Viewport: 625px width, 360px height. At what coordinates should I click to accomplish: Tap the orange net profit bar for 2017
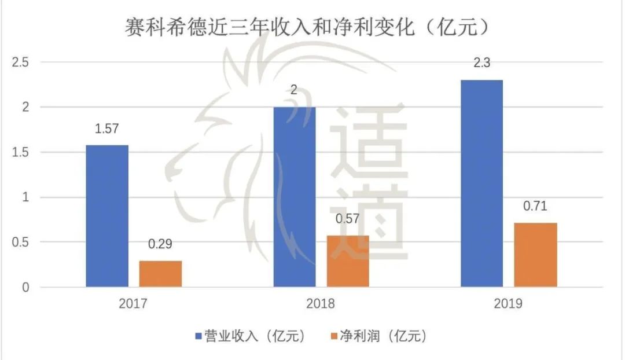pos(160,273)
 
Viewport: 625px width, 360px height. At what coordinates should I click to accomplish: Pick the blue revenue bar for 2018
pos(295,197)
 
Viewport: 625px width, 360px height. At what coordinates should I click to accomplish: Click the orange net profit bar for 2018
pos(348,261)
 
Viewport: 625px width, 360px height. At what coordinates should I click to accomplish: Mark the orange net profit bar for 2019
pos(535,255)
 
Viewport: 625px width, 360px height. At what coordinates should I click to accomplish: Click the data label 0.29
pos(160,244)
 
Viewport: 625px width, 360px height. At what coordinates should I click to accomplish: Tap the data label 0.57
pos(348,219)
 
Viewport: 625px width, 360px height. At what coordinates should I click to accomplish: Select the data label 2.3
pos(481,63)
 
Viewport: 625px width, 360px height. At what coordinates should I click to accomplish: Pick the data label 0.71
pos(535,207)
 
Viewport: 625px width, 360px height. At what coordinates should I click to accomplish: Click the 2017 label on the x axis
pos(134,304)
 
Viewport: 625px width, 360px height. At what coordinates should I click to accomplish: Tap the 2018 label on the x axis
pos(321,304)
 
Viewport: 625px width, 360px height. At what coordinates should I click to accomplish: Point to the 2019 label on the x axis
pos(508,304)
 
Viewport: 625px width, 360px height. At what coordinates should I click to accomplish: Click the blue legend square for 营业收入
pos(198,336)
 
